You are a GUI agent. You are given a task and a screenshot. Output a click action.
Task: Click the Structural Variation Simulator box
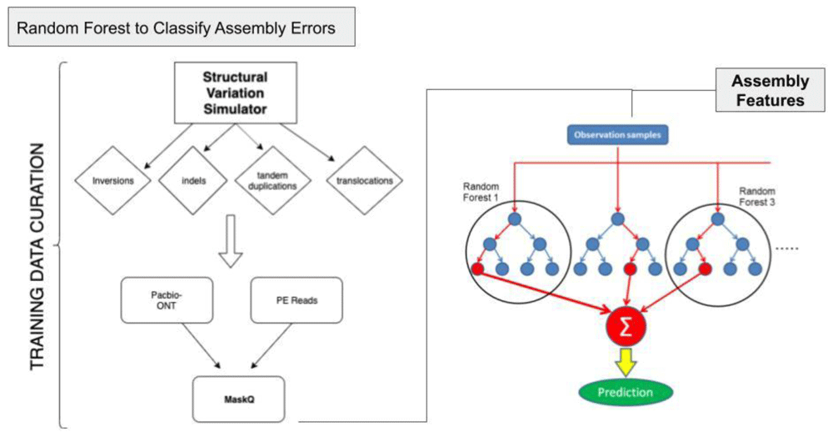236,93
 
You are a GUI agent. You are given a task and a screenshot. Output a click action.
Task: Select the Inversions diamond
112,181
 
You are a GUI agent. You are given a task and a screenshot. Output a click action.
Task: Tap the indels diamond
193,181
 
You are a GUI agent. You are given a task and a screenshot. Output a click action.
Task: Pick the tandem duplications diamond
272,181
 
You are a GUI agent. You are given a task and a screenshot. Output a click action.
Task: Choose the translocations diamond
365,181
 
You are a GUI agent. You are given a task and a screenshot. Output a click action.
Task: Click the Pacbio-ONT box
167,300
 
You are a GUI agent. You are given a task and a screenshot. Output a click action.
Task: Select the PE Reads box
297,300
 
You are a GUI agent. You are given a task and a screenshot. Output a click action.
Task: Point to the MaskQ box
238,399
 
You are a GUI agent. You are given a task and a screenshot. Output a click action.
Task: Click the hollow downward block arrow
231,241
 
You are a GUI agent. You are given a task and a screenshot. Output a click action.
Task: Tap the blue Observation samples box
617,135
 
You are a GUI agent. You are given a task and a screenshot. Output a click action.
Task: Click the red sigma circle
626,326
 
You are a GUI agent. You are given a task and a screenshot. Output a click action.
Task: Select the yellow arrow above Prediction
626,362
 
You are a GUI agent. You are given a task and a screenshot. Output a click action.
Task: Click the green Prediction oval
626,393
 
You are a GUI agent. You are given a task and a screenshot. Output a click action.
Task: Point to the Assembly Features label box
770,90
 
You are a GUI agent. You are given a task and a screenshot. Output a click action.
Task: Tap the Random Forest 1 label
481,192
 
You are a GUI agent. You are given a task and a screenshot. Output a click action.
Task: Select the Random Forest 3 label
757,196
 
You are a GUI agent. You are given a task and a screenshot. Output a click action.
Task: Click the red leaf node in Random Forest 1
477,269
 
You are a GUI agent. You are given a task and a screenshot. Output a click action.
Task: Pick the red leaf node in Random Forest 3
705,269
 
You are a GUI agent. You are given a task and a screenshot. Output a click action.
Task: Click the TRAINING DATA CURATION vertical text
37,257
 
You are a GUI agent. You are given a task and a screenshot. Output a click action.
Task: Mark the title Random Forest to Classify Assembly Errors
176,28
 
